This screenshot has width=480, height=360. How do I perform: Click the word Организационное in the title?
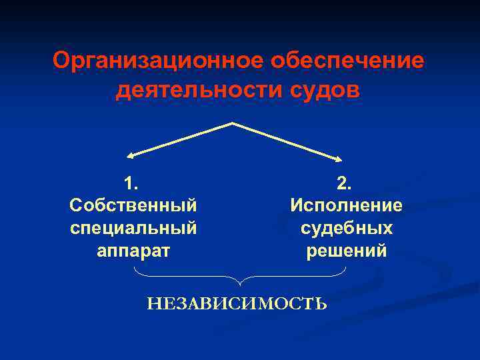click(x=158, y=61)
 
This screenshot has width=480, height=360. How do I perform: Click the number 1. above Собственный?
click(x=132, y=183)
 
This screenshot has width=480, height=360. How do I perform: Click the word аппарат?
click(x=133, y=251)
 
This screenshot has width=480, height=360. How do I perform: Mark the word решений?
click(x=346, y=251)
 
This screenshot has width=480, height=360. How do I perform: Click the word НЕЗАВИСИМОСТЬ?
click(x=237, y=305)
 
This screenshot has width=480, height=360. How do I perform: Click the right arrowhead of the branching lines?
click(x=339, y=158)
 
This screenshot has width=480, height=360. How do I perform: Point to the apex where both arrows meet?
click(x=232, y=123)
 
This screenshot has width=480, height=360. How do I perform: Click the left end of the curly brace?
click(x=135, y=268)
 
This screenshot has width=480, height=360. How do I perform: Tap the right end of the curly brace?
click(x=346, y=268)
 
